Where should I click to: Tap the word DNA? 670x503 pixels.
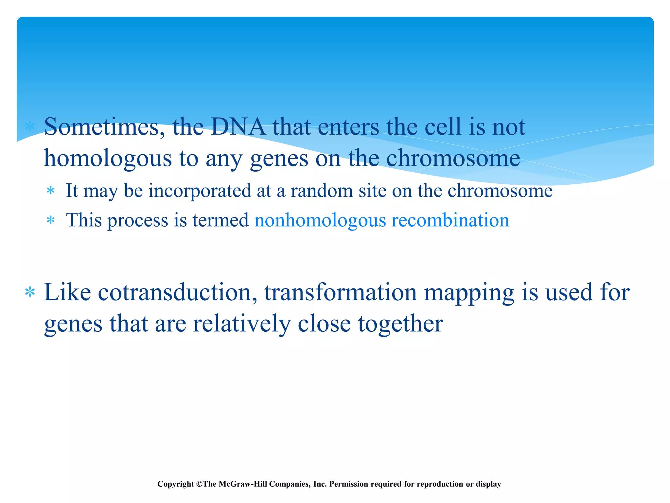(x=238, y=127)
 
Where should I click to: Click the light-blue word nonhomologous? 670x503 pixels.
(x=320, y=220)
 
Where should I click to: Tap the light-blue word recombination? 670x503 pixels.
(x=450, y=220)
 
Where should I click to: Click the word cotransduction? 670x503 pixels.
(x=177, y=292)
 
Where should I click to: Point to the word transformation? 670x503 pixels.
(x=340, y=292)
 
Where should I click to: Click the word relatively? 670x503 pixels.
(x=241, y=324)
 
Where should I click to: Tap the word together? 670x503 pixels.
(x=400, y=324)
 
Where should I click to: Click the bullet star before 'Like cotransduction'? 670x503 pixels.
(x=30, y=292)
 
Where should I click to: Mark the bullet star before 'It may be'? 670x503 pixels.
(x=50, y=191)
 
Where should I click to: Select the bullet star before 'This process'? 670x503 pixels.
(x=50, y=220)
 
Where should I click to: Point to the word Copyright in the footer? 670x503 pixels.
(x=176, y=484)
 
